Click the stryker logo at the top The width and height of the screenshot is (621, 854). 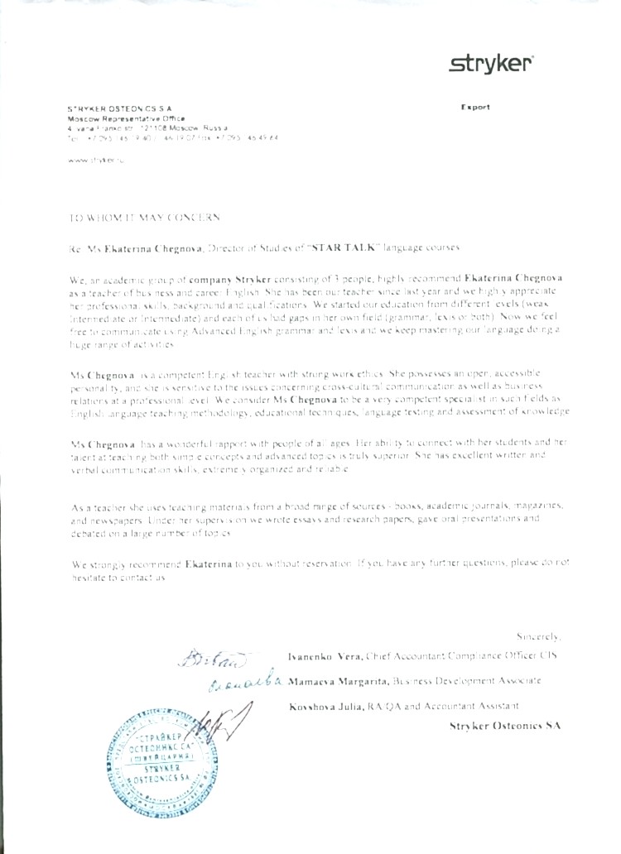pos(491,65)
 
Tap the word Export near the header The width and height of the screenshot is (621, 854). pos(475,107)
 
